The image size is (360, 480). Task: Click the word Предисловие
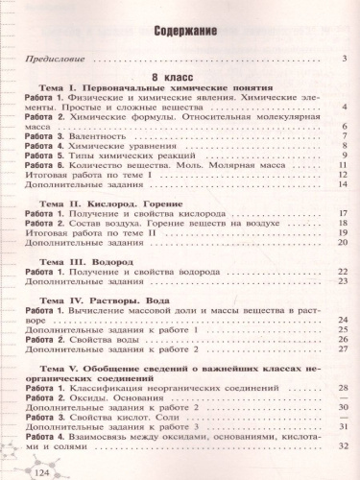pyautogui.click(x=55, y=62)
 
